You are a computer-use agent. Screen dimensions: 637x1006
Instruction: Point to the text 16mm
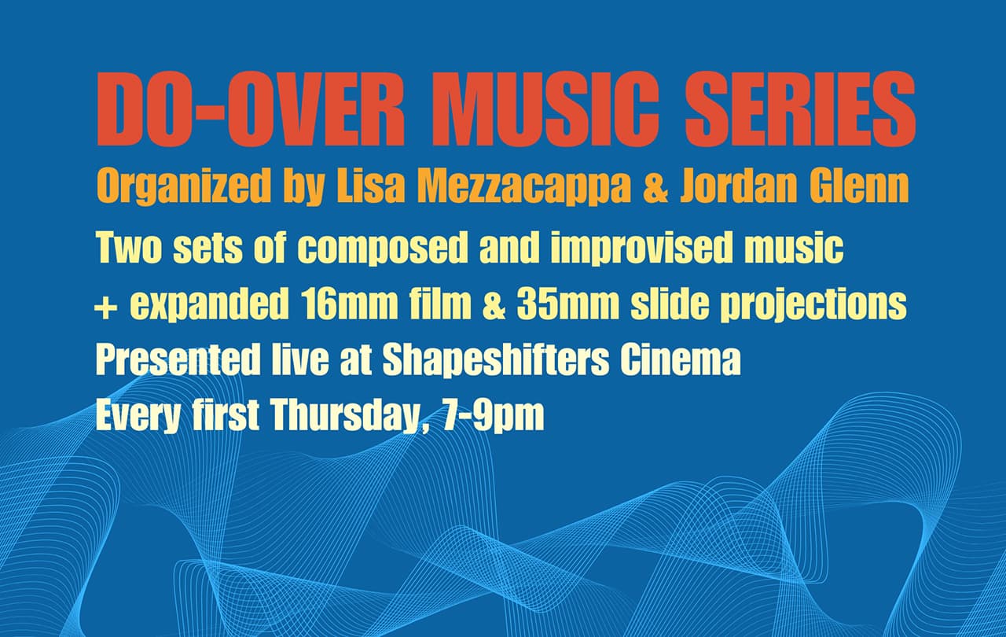[361, 305]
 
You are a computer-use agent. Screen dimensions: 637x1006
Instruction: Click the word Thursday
[343, 417]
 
